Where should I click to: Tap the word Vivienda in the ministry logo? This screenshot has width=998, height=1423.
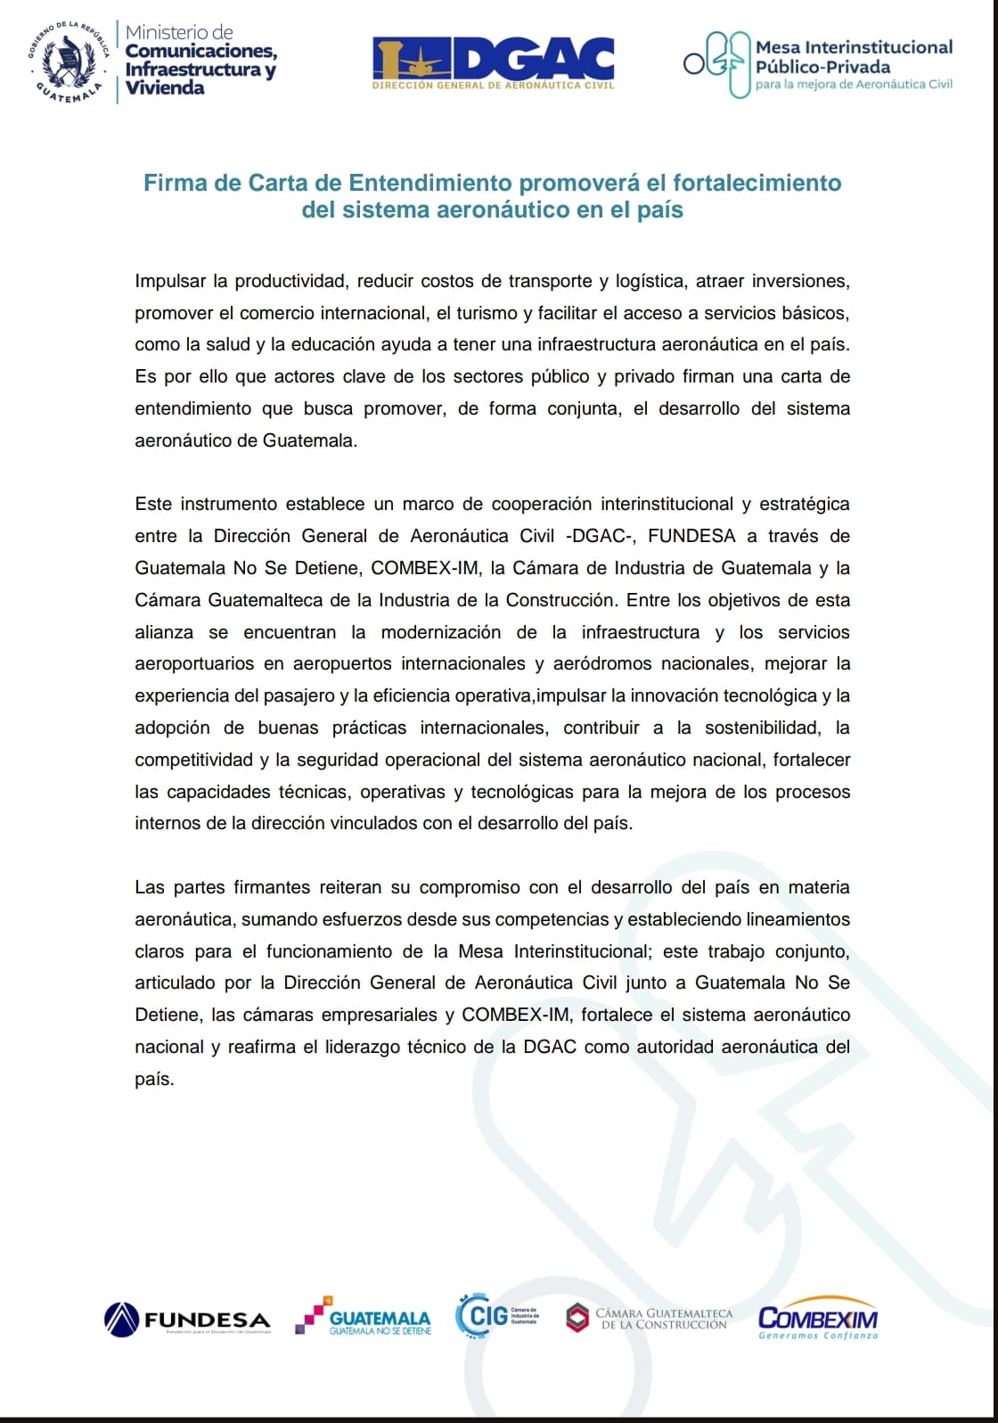pyautogui.click(x=165, y=87)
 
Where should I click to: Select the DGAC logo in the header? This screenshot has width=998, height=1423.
pyautogui.click(x=493, y=62)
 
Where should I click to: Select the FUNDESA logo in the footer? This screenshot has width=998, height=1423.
pyautogui.click(x=187, y=1320)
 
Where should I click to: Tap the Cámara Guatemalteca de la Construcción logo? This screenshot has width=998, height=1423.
pyautogui.click(x=650, y=1318)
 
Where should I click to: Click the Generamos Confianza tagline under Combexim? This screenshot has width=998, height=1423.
pyautogui.click(x=818, y=1336)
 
